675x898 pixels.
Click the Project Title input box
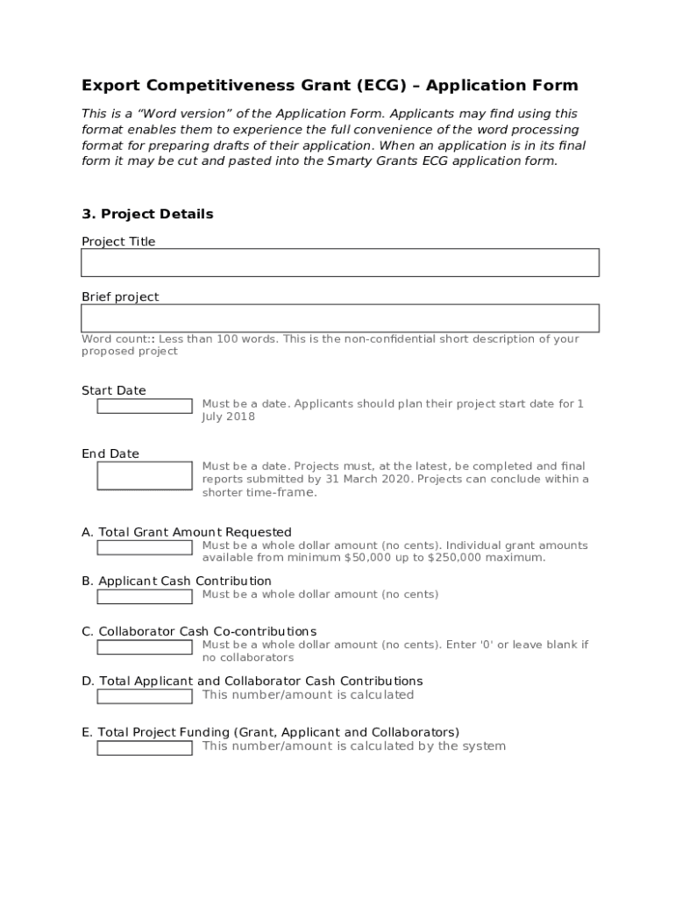[340, 262]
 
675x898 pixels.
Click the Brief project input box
[340, 317]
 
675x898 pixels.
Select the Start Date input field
[145, 406]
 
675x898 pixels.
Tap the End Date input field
[145, 475]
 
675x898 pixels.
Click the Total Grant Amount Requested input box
[145, 547]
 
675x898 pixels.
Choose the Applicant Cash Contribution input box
[145, 596]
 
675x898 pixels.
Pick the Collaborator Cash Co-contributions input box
[145, 647]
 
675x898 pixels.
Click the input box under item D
[145, 696]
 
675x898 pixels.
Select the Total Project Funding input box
[145, 748]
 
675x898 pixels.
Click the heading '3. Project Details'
[147, 214]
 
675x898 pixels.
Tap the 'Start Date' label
[114, 390]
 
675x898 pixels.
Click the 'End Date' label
[110, 453]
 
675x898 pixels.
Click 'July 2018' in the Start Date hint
[229, 417]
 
